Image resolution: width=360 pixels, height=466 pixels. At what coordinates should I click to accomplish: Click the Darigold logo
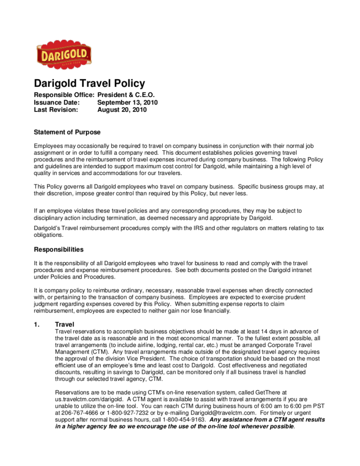pyautogui.click(x=64, y=54)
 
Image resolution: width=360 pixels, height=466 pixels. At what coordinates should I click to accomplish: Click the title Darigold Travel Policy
pyautogui.click(x=89, y=83)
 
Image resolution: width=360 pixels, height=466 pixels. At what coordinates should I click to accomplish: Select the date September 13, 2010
pyautogui.click(x=127, y=102)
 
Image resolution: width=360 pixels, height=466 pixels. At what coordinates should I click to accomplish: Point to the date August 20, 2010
pyautogui.click(x=122, y=110)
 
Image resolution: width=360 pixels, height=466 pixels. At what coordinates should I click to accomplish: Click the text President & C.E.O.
pyautogui.click(x=126, y=95)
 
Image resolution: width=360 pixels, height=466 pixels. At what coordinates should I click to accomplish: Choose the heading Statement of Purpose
pyautogui.click(x=67, y=132)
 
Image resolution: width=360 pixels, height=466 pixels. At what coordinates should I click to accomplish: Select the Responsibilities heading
pyautogui.click(x=59, y=249)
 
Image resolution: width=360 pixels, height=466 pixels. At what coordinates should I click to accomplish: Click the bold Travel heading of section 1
pyautogui.click(x=65, y=325)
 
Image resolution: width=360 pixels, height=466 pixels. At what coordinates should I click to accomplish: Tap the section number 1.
pyautogui.click(x=36, y=325)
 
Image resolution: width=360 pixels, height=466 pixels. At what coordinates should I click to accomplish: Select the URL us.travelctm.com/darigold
pyautogui.click(x=91, y=399)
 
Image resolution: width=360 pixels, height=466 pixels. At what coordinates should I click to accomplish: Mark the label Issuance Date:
pyautogui.click(x=57, y=102)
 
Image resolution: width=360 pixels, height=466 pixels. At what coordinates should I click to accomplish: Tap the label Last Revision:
pyautogui.click(x=56, y=110)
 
